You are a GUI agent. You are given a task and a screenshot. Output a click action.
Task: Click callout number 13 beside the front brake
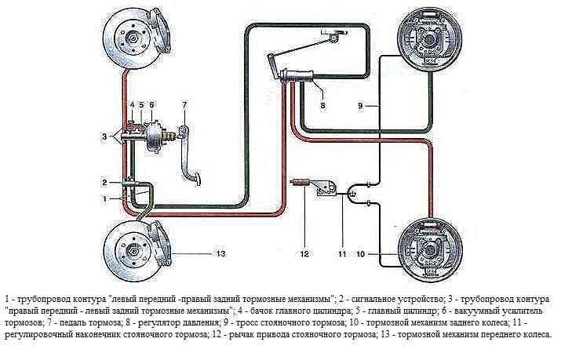[x=220, y=253]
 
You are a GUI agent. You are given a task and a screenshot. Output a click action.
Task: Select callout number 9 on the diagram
[x=361, y=106]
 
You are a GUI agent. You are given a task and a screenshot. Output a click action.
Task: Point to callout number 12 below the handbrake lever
[x=304, y=253]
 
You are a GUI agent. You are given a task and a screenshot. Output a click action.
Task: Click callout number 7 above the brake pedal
[x=184, y=105]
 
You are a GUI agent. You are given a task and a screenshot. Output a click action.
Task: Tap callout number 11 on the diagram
[x=342, y=253]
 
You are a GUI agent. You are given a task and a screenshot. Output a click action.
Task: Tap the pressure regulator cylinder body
[x=297, y=77]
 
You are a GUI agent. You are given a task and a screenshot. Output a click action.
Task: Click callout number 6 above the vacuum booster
[x=151, y=105]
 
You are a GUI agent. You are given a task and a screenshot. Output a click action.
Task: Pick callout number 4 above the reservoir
[x=131, y=105]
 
